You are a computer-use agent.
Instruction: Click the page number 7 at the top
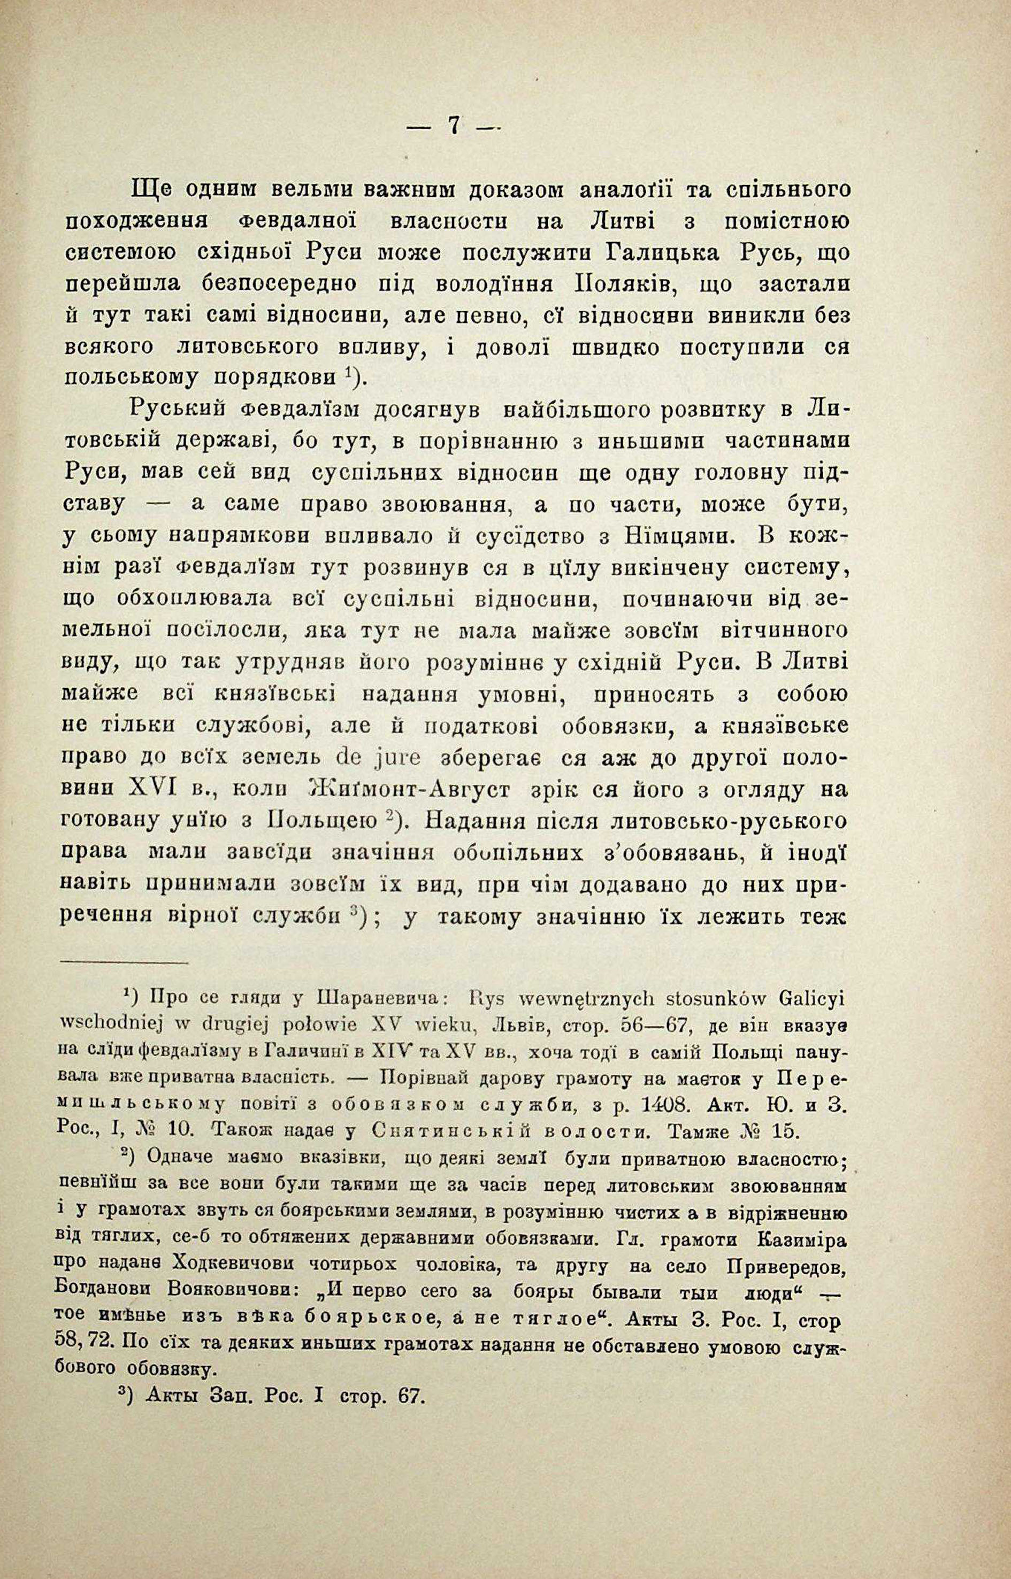coord(453,125)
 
